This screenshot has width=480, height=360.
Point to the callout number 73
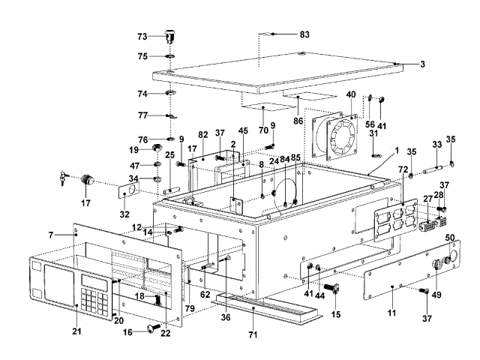pos(142,36)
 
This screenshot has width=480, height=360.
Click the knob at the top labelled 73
pos(169,35)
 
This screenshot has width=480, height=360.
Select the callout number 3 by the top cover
pos(422,64)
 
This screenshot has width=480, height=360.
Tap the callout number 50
pos(451,238)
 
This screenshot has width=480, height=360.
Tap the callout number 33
pos(436,144)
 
